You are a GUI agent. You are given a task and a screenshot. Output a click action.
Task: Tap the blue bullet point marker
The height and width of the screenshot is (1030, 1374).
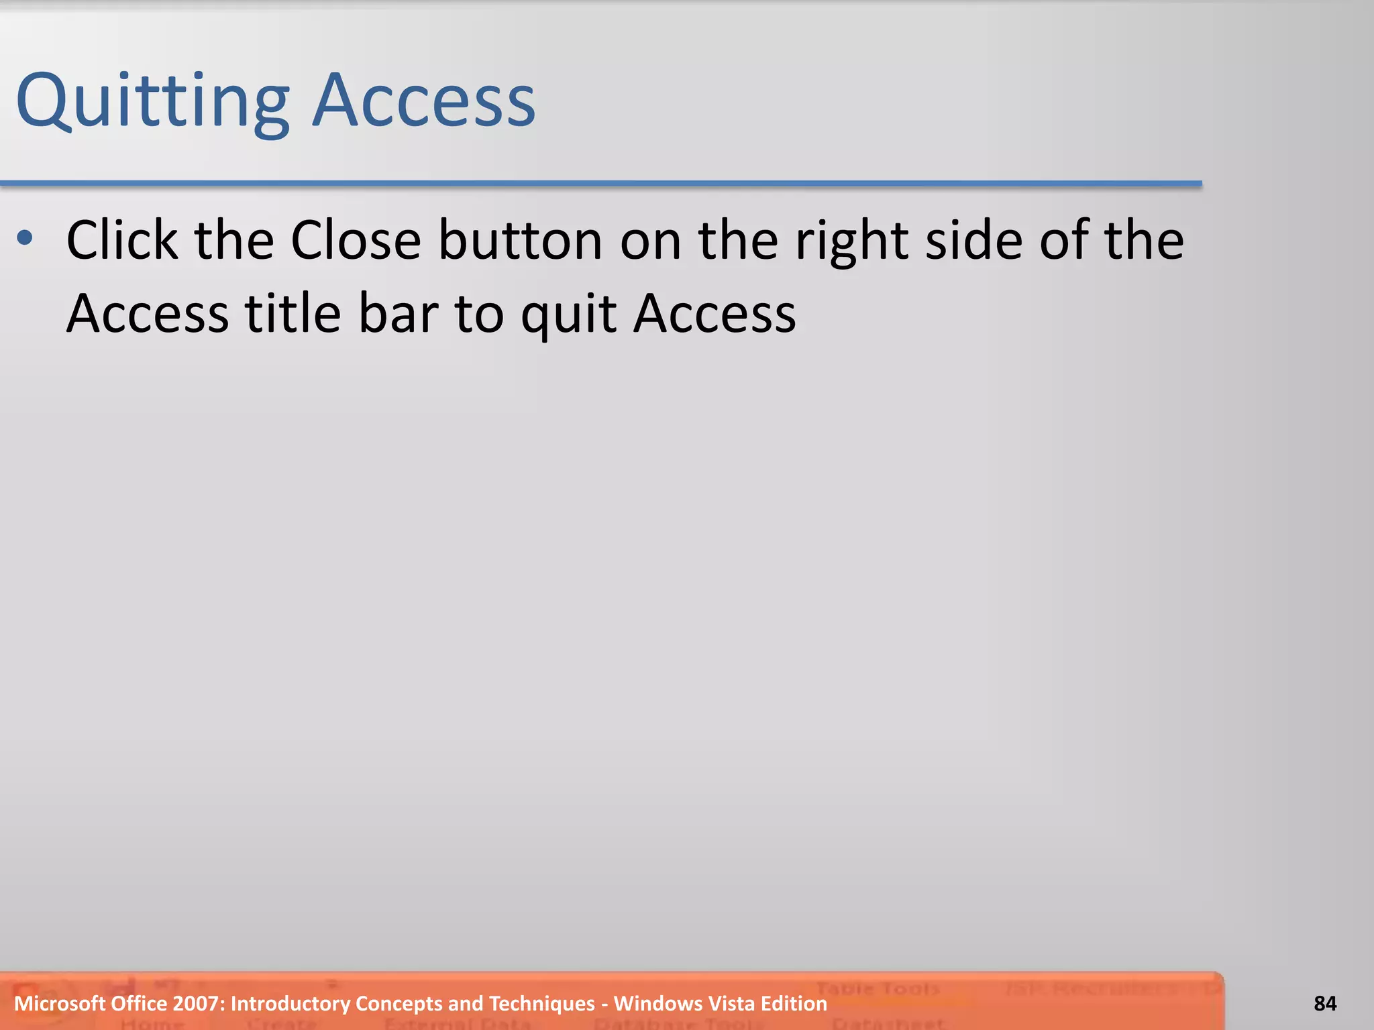(25, 237)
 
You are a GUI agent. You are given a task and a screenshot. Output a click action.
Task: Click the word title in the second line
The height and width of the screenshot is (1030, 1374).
(293, 313)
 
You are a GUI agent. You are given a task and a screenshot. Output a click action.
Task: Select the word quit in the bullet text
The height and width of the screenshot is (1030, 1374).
(569, 314)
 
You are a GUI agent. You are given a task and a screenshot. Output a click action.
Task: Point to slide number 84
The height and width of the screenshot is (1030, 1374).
(1325, 1004)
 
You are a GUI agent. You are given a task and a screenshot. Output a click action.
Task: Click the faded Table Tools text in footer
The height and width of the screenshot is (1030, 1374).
(878, 988)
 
